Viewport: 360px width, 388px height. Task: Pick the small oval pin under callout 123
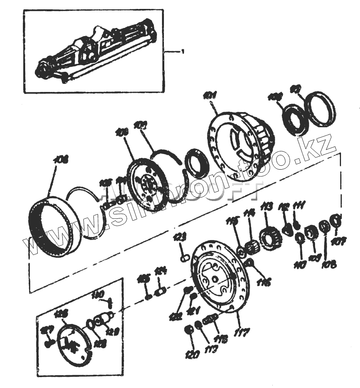click(184, 256)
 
